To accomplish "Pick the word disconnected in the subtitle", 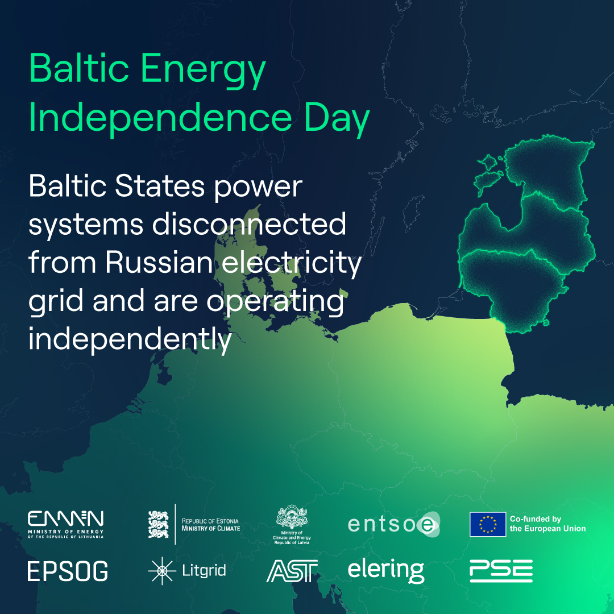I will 248,225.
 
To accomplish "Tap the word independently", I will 130,340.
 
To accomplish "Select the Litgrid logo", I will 186,571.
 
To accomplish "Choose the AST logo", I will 292,571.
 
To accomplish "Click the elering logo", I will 385,571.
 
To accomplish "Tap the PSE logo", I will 501,571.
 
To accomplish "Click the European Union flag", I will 487,524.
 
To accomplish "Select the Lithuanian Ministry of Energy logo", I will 66,524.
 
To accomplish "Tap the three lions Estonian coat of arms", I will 158,524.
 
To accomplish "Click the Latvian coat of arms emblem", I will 292,518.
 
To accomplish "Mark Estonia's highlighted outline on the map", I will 546,171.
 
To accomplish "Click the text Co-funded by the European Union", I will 547,524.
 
